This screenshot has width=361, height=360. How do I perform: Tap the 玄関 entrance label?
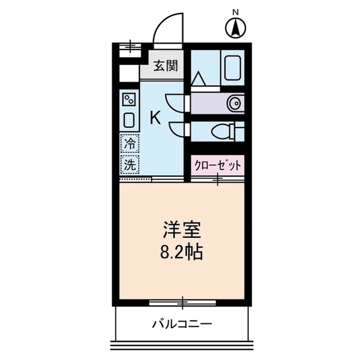click(x=166, y=65)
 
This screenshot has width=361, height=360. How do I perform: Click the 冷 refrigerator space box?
click(x=130, y=144)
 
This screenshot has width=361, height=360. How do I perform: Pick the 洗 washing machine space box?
click(x=130, y=165)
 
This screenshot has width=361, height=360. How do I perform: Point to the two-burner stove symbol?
click(x=129, y=100)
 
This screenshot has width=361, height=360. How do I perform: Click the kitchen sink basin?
click(x=129, y=120)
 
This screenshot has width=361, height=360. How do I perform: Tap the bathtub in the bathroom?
click(x=234, y=68)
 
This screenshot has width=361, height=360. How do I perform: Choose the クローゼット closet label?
click(x=218, y=165)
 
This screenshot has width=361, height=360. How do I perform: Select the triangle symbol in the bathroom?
click(x=198, y=79)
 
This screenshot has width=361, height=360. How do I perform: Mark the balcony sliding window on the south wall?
click(x=183, y=304)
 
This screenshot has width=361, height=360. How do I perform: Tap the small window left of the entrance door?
click(x=131, y=46)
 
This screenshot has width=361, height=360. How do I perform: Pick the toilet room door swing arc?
click(x=180, y=129)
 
